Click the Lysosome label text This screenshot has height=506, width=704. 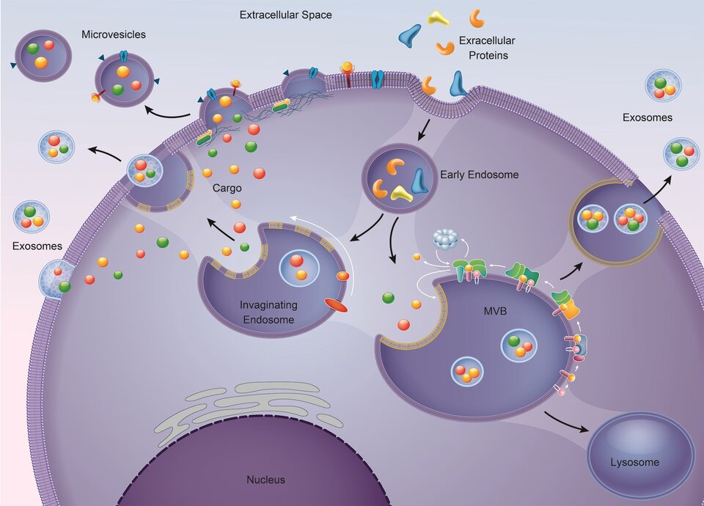(x=634, y=463)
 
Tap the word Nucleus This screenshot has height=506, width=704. (x=265, y=480)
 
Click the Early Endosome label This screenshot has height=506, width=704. (x=479, y=175)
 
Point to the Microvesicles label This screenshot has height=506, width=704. (x=114, y=34)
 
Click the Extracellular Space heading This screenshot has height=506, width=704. (x=285, y=15)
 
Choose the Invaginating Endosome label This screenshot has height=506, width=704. (x=267, y=312)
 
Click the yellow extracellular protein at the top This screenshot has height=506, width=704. (x=440, y=18)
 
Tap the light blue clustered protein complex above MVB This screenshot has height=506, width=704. (x=447, y=238)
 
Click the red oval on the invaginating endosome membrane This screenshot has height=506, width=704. (x=337, y=303)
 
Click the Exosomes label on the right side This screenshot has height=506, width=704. (x=648, y=117)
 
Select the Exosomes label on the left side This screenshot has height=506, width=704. (x=37, y=246)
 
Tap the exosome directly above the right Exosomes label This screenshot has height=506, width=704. (x=662, y=85)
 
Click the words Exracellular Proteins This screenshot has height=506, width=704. (x=482, y=48)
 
